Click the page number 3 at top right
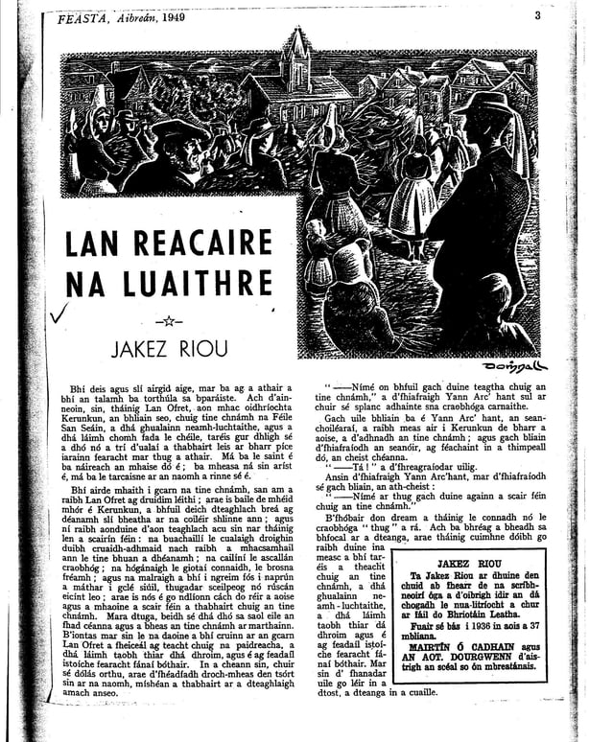(x=538, y=14)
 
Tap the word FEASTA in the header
(x=83, y=17)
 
